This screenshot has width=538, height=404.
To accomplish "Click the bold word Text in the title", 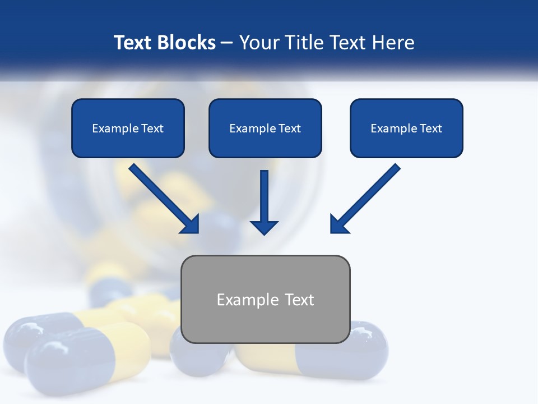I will [132, 43].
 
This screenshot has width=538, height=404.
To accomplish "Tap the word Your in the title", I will [259, 43].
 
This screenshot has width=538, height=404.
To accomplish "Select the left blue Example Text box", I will [128, 128].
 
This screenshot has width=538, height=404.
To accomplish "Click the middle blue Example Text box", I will [265, 128].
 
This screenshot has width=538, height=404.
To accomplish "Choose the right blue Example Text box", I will [406, 128].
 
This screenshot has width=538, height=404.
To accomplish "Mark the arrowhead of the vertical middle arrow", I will [264, 227].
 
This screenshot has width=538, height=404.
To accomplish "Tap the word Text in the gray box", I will [299, 300].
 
